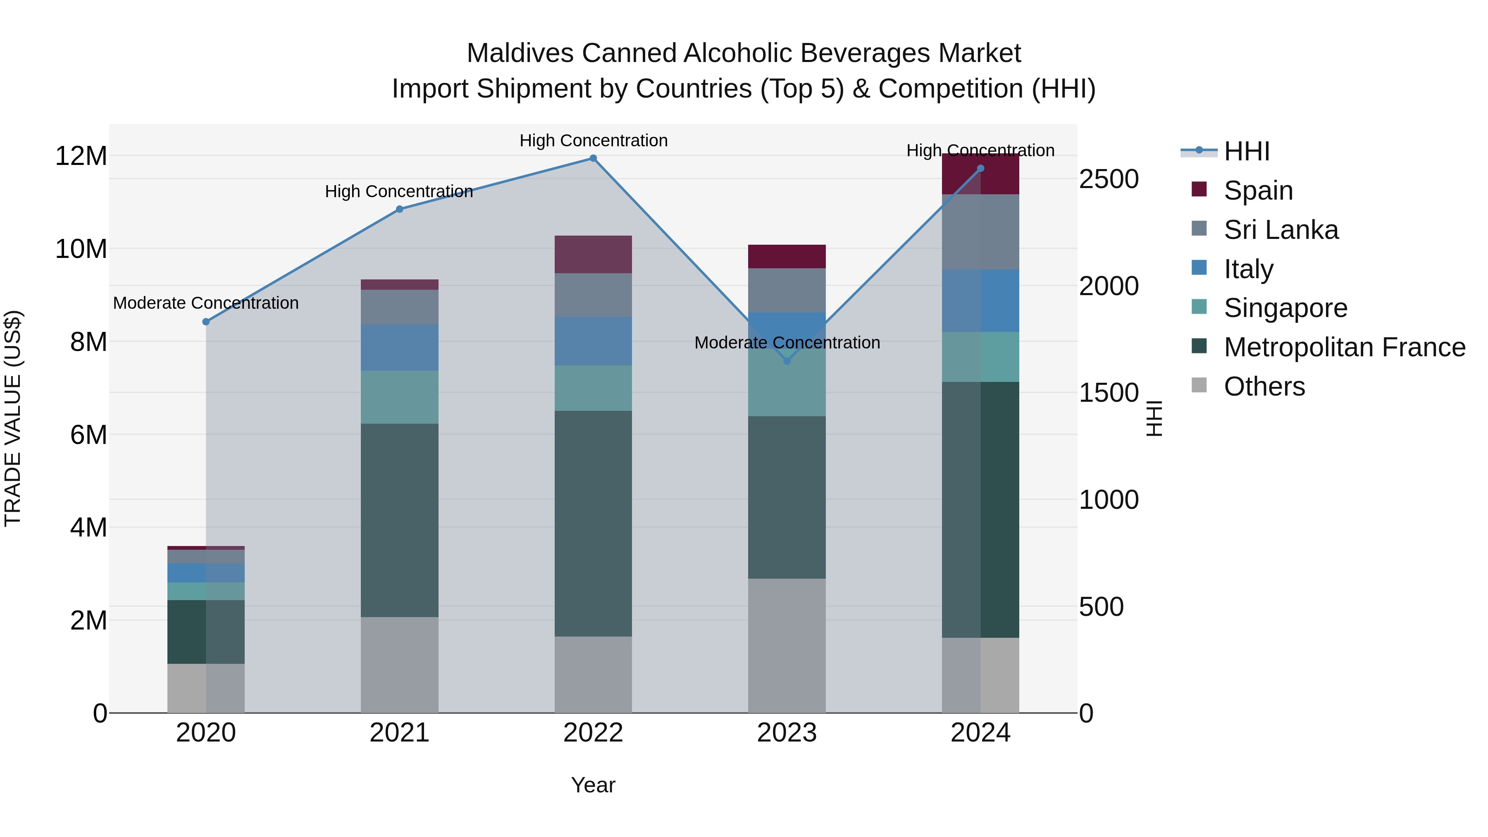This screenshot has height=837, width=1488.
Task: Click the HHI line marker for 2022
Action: [593, 158]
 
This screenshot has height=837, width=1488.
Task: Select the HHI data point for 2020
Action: [206, 322]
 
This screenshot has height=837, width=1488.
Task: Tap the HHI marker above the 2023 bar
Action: [787, 361]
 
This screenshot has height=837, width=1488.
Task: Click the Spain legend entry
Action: [1258, 191]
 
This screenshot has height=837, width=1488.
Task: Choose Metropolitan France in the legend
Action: [1344, 347]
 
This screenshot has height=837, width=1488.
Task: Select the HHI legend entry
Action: [1247, 151]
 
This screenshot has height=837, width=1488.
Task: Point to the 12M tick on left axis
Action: [81, 156]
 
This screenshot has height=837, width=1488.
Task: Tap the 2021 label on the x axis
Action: [399, 733]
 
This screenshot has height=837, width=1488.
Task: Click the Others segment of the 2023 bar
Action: [787, 645]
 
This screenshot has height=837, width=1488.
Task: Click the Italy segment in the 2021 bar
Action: [399, 347]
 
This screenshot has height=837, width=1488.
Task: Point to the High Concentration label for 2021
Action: [399, 191]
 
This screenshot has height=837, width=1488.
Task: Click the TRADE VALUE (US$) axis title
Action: [13, 418]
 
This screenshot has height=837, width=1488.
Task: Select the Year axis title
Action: [593, 785]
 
